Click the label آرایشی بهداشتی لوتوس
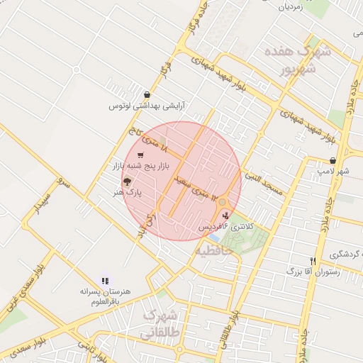point(147,106)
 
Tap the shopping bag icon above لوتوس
point(147,94)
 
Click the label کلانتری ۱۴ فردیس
point(225,225)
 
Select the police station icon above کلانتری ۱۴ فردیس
point(226,214)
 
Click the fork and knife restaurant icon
point(313,260)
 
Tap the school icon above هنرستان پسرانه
point(106,280)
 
